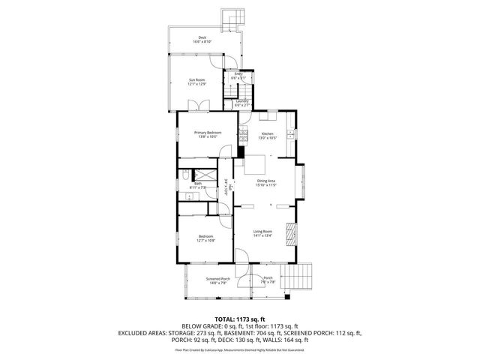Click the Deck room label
coord(202,38)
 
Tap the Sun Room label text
coord(196,79)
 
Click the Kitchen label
coord(267,133)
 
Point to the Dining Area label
coord(267,181)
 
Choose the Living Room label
coord(262,231)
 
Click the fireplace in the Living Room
coord(294,232)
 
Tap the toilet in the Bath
coord(185,177)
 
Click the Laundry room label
coord(241,100)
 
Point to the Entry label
coord(238,73)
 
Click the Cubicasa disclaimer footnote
coord(239,349)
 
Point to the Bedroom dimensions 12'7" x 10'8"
coord(206,241)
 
